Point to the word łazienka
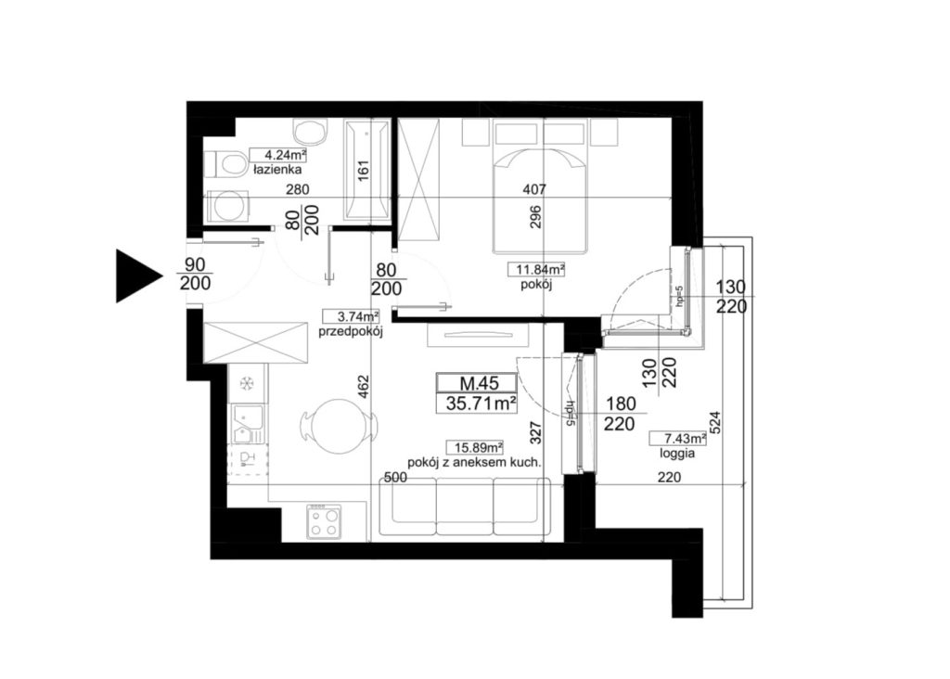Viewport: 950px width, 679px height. (x=276, y=170)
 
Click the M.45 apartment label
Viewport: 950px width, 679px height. (x=478, y=383)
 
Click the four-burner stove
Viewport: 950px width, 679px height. (x=323, y=521)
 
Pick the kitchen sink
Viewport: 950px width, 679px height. (x=249, y=424)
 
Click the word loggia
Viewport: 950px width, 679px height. (x=676, y=453)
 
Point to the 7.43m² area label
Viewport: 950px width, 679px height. (x=677, y=438)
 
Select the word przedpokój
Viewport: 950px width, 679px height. (x=351, y=331)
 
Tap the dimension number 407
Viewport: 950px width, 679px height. (x=534, y=189)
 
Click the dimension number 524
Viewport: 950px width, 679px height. (x=715, y=424)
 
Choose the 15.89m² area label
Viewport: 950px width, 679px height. (x=475, y=448)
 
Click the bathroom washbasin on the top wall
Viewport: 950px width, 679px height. (x=310, y=130)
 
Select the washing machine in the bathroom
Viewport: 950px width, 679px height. (x=228, y=206)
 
